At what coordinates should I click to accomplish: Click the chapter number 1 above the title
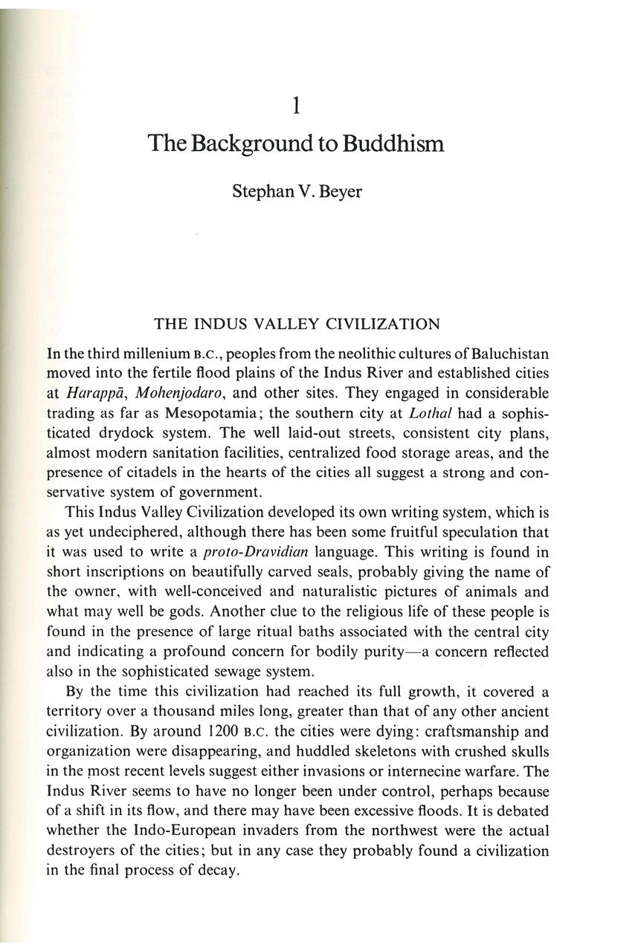(297, 107)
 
